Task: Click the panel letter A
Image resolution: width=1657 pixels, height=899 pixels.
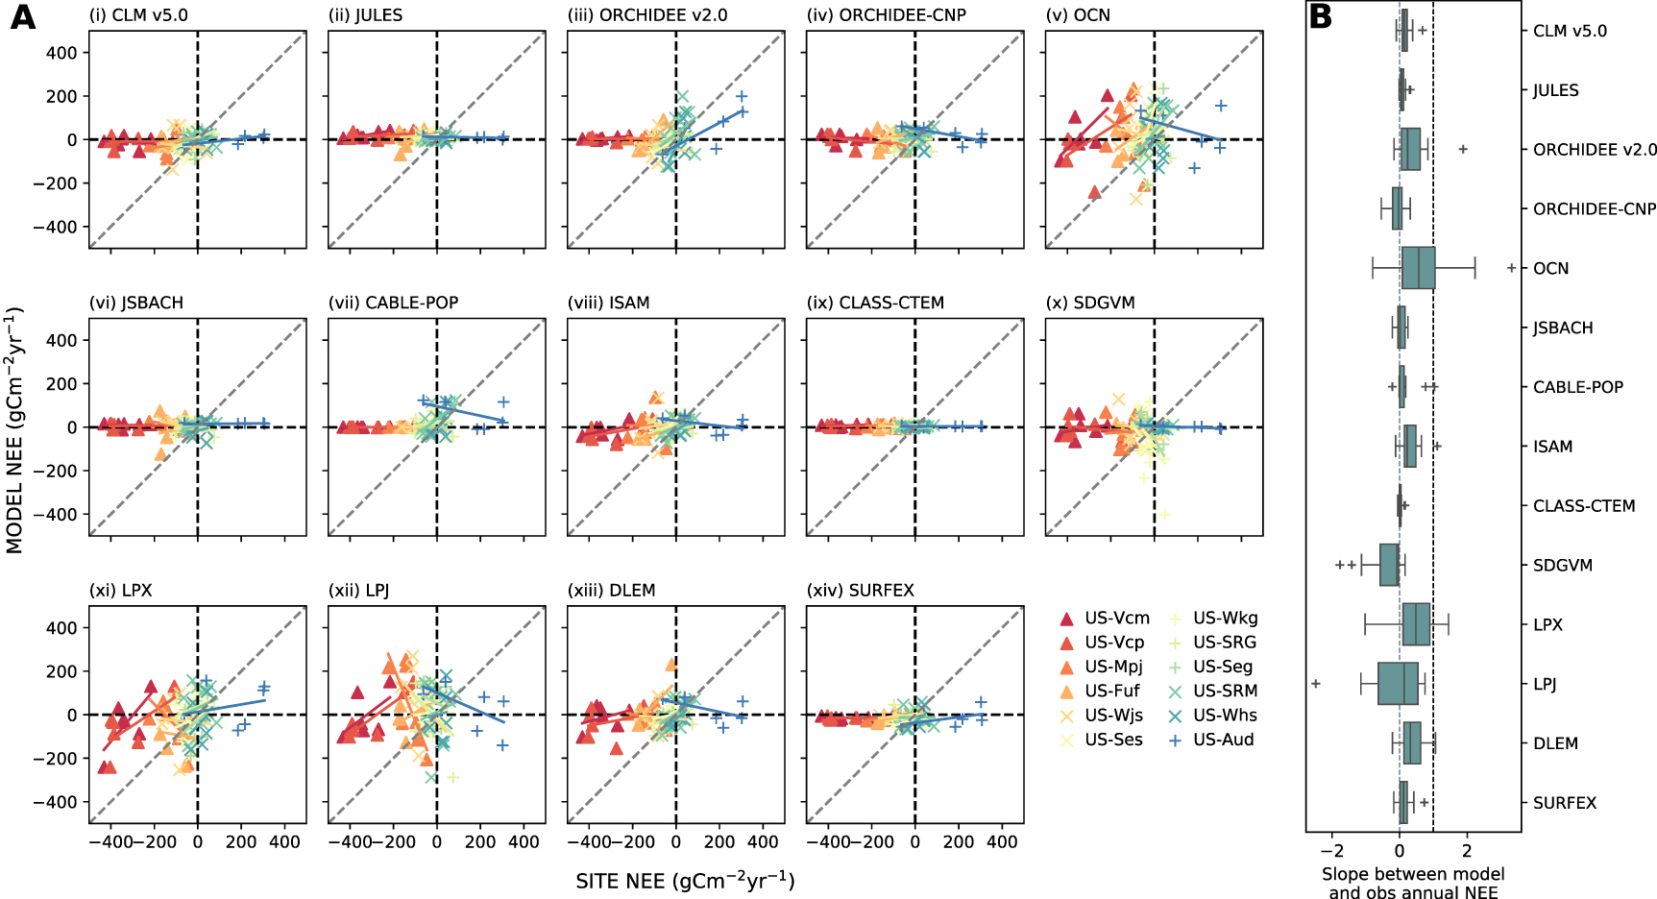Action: (x=23, y=17)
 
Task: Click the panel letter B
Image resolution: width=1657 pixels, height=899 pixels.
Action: (x=1321, y=17)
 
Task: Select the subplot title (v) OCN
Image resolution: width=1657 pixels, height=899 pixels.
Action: (x=1078, y=15)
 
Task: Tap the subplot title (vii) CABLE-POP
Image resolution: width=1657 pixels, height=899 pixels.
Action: (x=393, y=303)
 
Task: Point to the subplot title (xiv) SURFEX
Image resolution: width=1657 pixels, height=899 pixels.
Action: (x=860, y=590)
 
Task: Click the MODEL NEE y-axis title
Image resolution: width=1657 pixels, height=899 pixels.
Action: (x=14, y=430)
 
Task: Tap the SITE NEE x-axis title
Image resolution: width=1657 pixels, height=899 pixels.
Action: (x=685, y=881)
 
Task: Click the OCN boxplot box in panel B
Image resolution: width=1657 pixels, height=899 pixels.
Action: (x=1418, y=268)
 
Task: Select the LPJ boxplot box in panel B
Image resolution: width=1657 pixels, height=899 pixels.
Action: (x=1398, y=684)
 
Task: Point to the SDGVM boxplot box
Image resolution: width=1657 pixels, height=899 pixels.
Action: (x=1389, y=565)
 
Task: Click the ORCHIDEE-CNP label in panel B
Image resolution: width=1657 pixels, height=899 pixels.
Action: (x=1594, y=209)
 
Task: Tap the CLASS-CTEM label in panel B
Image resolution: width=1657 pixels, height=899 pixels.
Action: (x=1583, y=506)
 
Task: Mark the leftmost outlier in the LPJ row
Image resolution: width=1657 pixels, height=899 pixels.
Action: (x=1316, y=684)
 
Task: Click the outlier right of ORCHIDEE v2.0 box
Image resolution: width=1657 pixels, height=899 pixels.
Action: (x=1463, y=149)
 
